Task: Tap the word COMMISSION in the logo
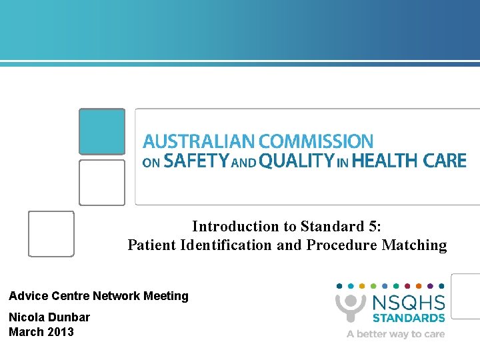point(316,141)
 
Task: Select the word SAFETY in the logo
point(196,161)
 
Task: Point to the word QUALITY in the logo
point(296,161)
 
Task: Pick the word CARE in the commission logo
point(445,161)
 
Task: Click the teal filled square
point(102,131)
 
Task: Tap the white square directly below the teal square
point(102,182)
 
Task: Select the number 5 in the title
point(373,227)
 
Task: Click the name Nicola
point(26,317)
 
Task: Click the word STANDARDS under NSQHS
point(409,318)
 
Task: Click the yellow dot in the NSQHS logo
point(362,285)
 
